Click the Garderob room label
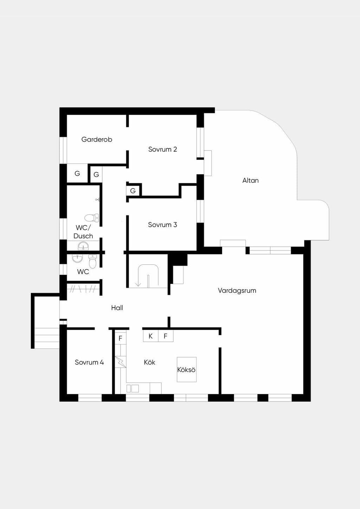coord(97,139)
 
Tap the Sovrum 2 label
coord(162,149)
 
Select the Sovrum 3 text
coord(162,225)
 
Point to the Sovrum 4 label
coord(89,362)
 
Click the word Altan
coord(250,180)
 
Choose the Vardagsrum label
coord(237,290)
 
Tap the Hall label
coord(117,308)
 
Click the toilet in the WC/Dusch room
coord(92,218)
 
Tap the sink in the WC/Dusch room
coord(83,246)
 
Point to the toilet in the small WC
coord(92,261)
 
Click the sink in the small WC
coord(77,259)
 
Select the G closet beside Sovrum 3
coord(133,191)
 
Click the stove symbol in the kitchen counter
coord(121,362)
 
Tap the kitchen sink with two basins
coord(133,388)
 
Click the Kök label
coord(149,362)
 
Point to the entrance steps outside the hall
coord(47,338)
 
